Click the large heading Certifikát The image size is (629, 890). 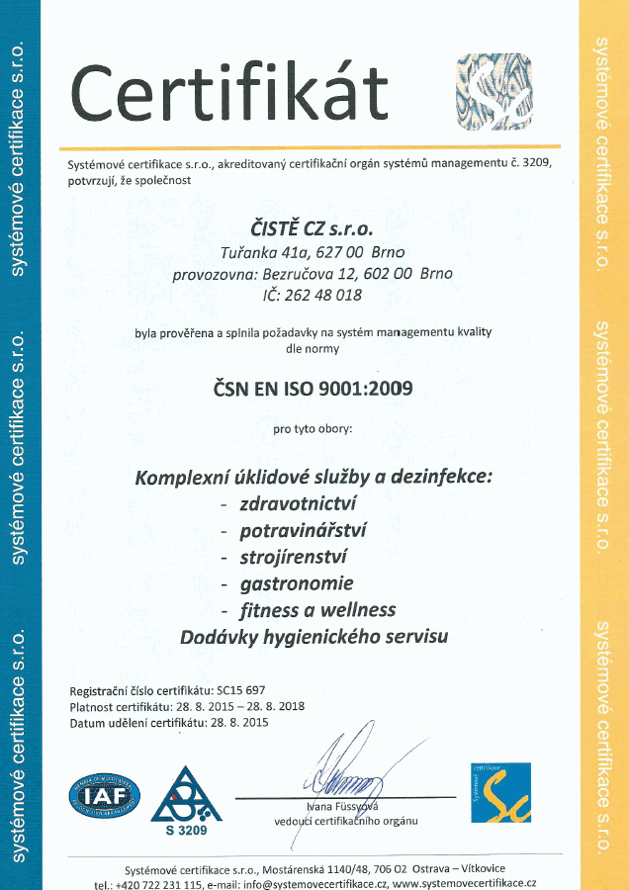(x=228, y=92)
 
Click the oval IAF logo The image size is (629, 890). (x=104, y=794)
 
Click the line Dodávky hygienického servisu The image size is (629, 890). (x=314, y=636)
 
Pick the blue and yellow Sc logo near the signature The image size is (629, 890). (x=499, y=792)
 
